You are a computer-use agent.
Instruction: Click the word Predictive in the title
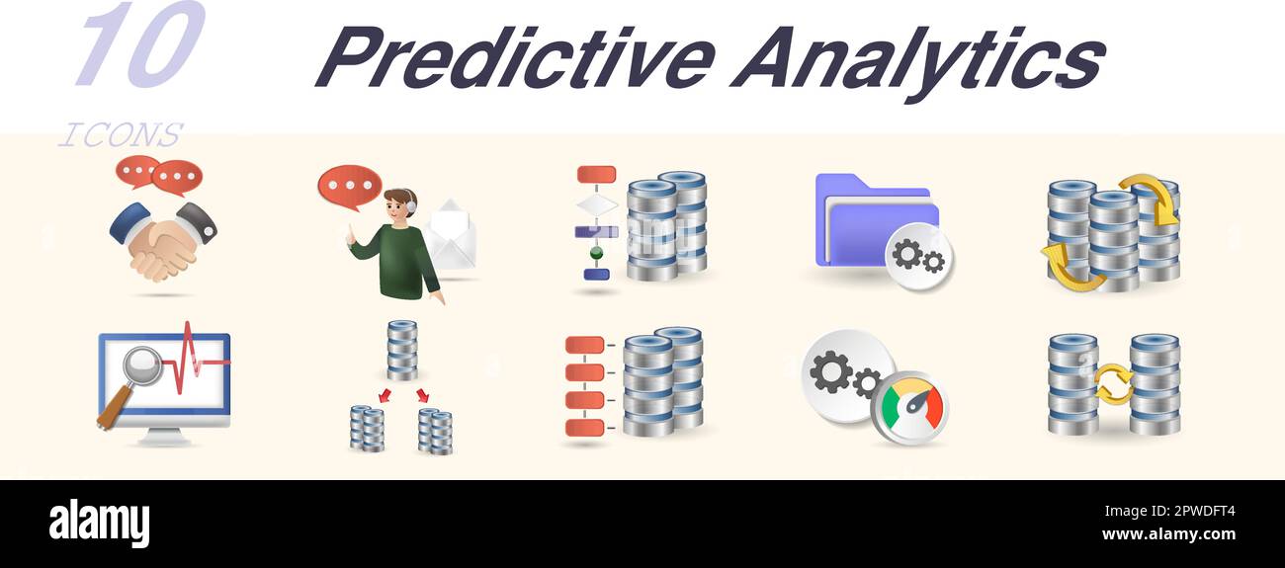514,56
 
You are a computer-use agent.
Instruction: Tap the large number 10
138,44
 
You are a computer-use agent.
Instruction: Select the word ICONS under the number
120,134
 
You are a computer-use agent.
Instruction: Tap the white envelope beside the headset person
451,236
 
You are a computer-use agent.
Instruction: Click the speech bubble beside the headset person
349,186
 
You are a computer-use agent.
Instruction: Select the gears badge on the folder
918,256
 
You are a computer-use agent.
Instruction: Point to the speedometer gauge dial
909,406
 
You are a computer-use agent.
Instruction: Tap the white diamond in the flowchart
596,204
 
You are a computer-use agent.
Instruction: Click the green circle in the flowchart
596,253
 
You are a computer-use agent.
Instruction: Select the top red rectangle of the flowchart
596,175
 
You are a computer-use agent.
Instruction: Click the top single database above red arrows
401,350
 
